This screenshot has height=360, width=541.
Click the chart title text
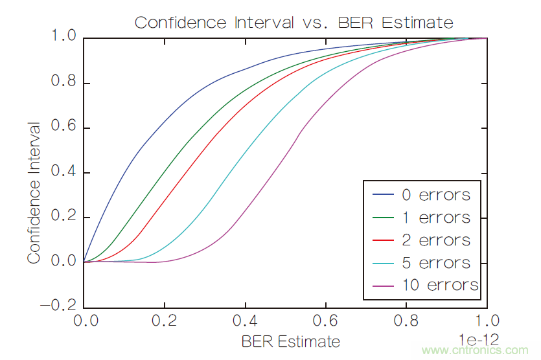(x=294, y=22)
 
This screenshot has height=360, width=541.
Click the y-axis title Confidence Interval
(x=34, y=192)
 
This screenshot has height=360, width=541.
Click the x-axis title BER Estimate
(x=290, y=341)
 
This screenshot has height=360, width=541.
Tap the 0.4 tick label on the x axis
(x=245, y=322)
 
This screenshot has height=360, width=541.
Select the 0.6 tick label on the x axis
(x=325, y=322)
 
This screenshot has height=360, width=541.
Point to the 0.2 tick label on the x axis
(x=165, y=322)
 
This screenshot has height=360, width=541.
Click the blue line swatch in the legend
(x=384, y=194)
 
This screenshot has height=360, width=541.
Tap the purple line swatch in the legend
(x=384, y=285)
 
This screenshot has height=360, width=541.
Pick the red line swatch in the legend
(x=384, y=240)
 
